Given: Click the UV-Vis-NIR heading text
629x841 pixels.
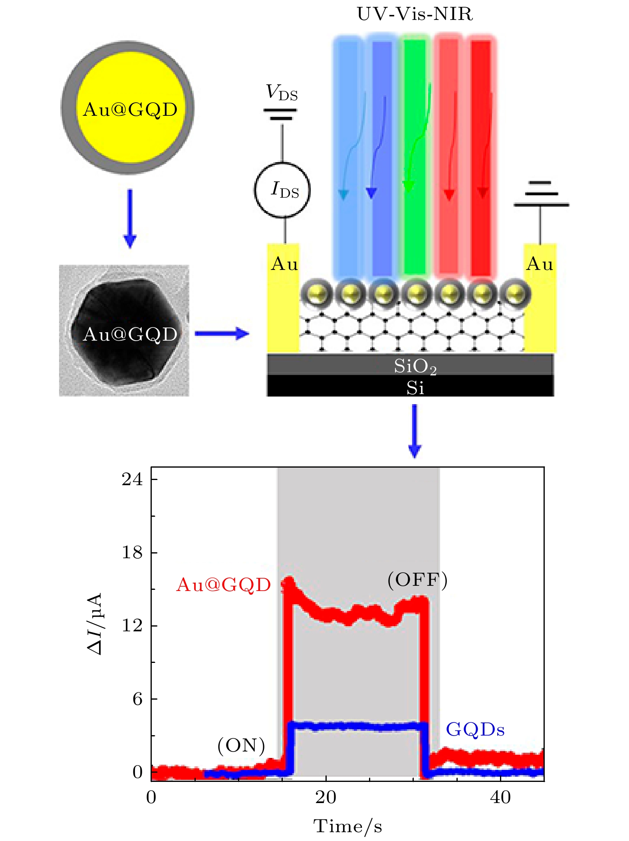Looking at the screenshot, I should pyautogui.click(x=415, y=14).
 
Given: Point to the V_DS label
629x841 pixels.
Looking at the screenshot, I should pyautogui.click(x=282, y=93).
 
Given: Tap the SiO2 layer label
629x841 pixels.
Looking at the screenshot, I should pyautogui.click(x=415, y=366).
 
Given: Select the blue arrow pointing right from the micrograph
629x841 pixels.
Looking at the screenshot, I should pyautogui.click(x=222, y=333).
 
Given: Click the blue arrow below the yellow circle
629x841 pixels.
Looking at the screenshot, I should pyautogui.click(x=130, y=218).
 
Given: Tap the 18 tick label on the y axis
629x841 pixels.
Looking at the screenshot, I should pyautogui.click(x=132, y=553).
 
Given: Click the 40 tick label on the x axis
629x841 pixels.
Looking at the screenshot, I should pyautogui.click(x=500, y=798).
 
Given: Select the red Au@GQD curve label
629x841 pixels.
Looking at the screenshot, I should pyautogui.click(x=223, y=585).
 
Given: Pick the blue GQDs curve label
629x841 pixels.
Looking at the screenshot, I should pyautogui.click(x=475, y=730).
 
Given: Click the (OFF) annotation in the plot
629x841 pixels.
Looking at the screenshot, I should pyautogui.click(x=417, y=580).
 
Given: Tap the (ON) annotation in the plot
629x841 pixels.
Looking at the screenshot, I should pyautogui.click(x=241, y=745).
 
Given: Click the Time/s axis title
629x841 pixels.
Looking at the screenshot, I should pyautogui.click(x=347, y=826).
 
